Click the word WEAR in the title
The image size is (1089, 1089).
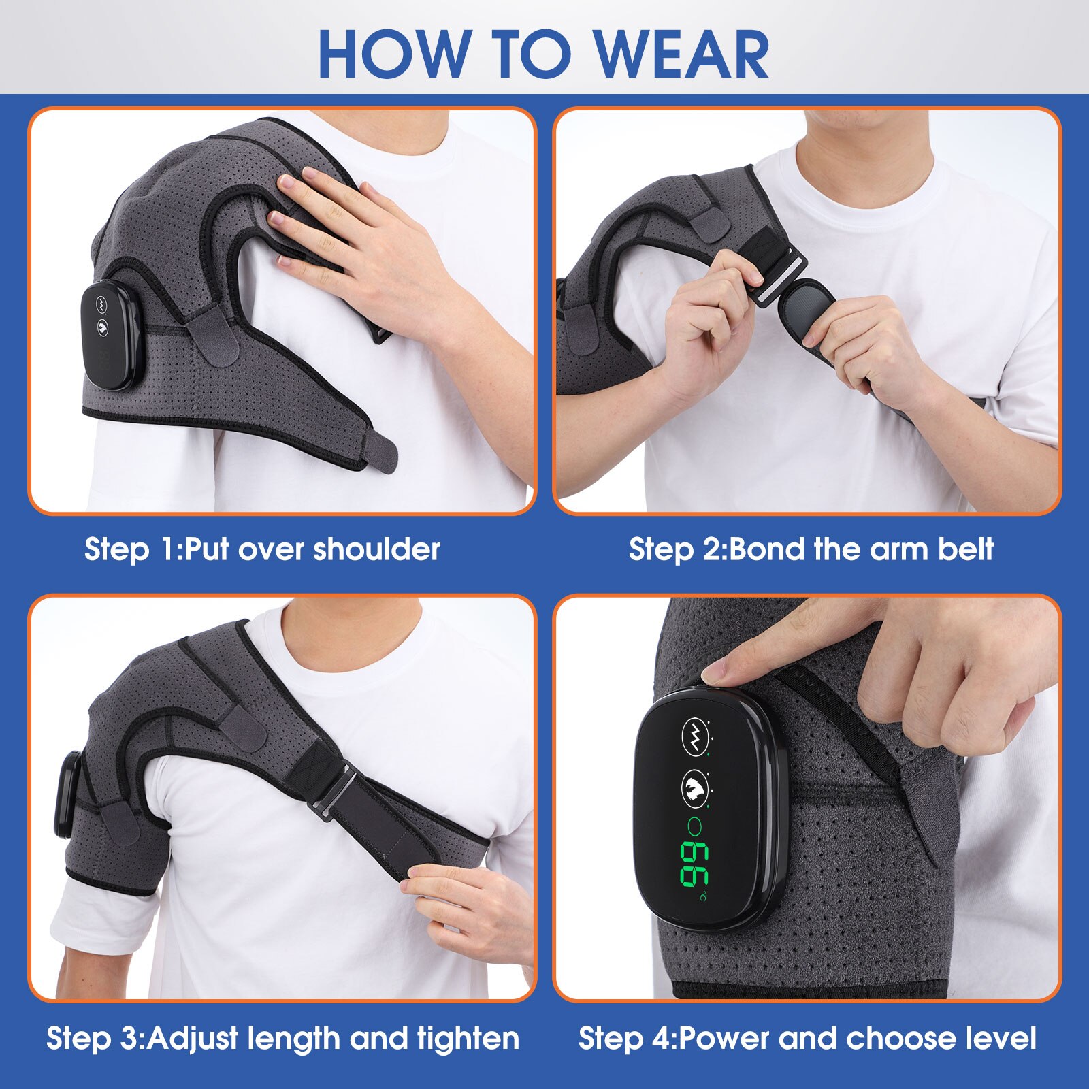pyautogui.click(x=681, y=54)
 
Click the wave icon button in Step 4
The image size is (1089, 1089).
pyautogui.click(x=695, y=736)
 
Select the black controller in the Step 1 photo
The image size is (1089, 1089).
pyautogui.click(x=112, y=336)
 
